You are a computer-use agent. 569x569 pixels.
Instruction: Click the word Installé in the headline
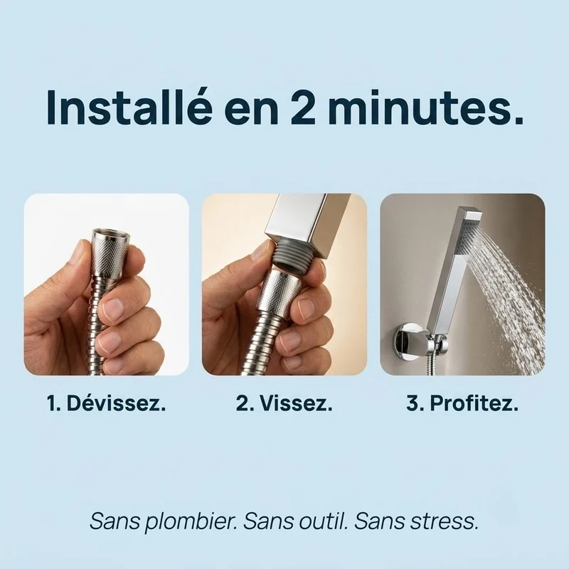point(129,107)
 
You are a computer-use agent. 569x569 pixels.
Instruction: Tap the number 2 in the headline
point(303,107)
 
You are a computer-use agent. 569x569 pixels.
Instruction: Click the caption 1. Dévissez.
point(107,403)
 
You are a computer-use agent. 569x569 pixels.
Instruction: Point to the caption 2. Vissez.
point(284,403)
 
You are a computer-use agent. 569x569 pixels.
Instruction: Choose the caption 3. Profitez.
point(462,403)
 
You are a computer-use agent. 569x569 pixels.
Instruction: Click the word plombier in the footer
point(186,521)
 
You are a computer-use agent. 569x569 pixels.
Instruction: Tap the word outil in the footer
point(317,521)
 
